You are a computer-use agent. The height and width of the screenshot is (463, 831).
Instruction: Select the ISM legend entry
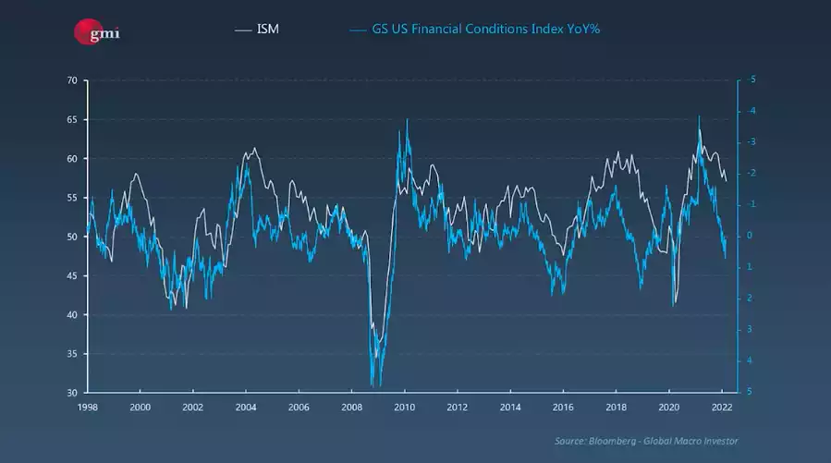pyautogui.click(x=268, y=30)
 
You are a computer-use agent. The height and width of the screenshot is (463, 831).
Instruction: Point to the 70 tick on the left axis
pyautogui.click(x=71, y=80)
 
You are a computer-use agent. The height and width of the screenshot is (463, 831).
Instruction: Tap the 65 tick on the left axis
pyautogui.click(x=71, y=120)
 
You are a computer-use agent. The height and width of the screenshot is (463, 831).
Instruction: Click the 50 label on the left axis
pyautogui.click(x=71, y=238)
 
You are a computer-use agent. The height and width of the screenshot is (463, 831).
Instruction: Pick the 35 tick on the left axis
pyautogui.click(x=71, y=354)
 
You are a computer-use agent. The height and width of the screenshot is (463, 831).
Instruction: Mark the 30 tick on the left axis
pyautogui.click(x=71, y=393)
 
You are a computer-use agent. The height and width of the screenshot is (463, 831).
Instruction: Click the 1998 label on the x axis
pyautogui.click(x=87, y=407)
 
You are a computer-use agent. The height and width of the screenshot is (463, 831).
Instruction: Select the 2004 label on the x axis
pyautogui.click(x=245, y=407)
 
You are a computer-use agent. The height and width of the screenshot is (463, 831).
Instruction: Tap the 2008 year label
pyautogui.click(x=351, y=407)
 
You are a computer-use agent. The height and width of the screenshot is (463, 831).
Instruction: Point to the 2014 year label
pyautogui.click(x=510, y=407)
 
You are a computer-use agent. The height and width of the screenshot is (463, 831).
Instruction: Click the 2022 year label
pyautogui.click(x=722, y=407)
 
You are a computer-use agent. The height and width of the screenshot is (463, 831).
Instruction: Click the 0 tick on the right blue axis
pyautogui.click(x=751, y=236)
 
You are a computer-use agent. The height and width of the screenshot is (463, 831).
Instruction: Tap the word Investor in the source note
pyautogui.click(x=718, y=441)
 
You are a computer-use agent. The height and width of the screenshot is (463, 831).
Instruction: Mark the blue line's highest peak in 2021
pyautogui.click(x=699, y=116)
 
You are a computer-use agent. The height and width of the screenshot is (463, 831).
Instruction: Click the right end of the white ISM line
pyautogui.click(x=727, y=180)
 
